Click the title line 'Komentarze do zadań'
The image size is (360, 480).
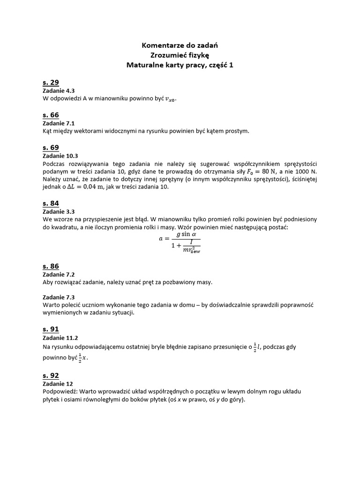tap(180, 45)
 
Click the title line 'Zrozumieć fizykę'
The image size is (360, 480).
tap(180, 55)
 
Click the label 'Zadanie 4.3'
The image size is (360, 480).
tap(59, 91)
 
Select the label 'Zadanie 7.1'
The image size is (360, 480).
tap(59, 123)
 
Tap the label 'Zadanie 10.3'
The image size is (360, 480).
tap(60, 155)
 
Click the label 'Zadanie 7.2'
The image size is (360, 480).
tap(59, 274)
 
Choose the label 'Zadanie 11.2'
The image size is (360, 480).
tap(60, 337)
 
